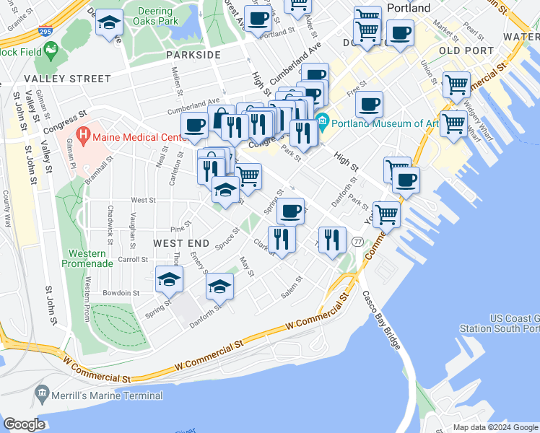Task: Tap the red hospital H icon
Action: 83,135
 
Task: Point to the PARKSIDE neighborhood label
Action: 192,55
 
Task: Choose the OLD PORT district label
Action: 466,51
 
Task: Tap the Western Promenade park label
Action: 91,258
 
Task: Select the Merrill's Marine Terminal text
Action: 108,395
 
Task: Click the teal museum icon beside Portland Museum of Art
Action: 322,119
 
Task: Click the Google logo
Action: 24,424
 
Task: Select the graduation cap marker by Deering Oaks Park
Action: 109,25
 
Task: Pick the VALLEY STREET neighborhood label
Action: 67,79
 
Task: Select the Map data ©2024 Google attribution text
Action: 495,427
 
